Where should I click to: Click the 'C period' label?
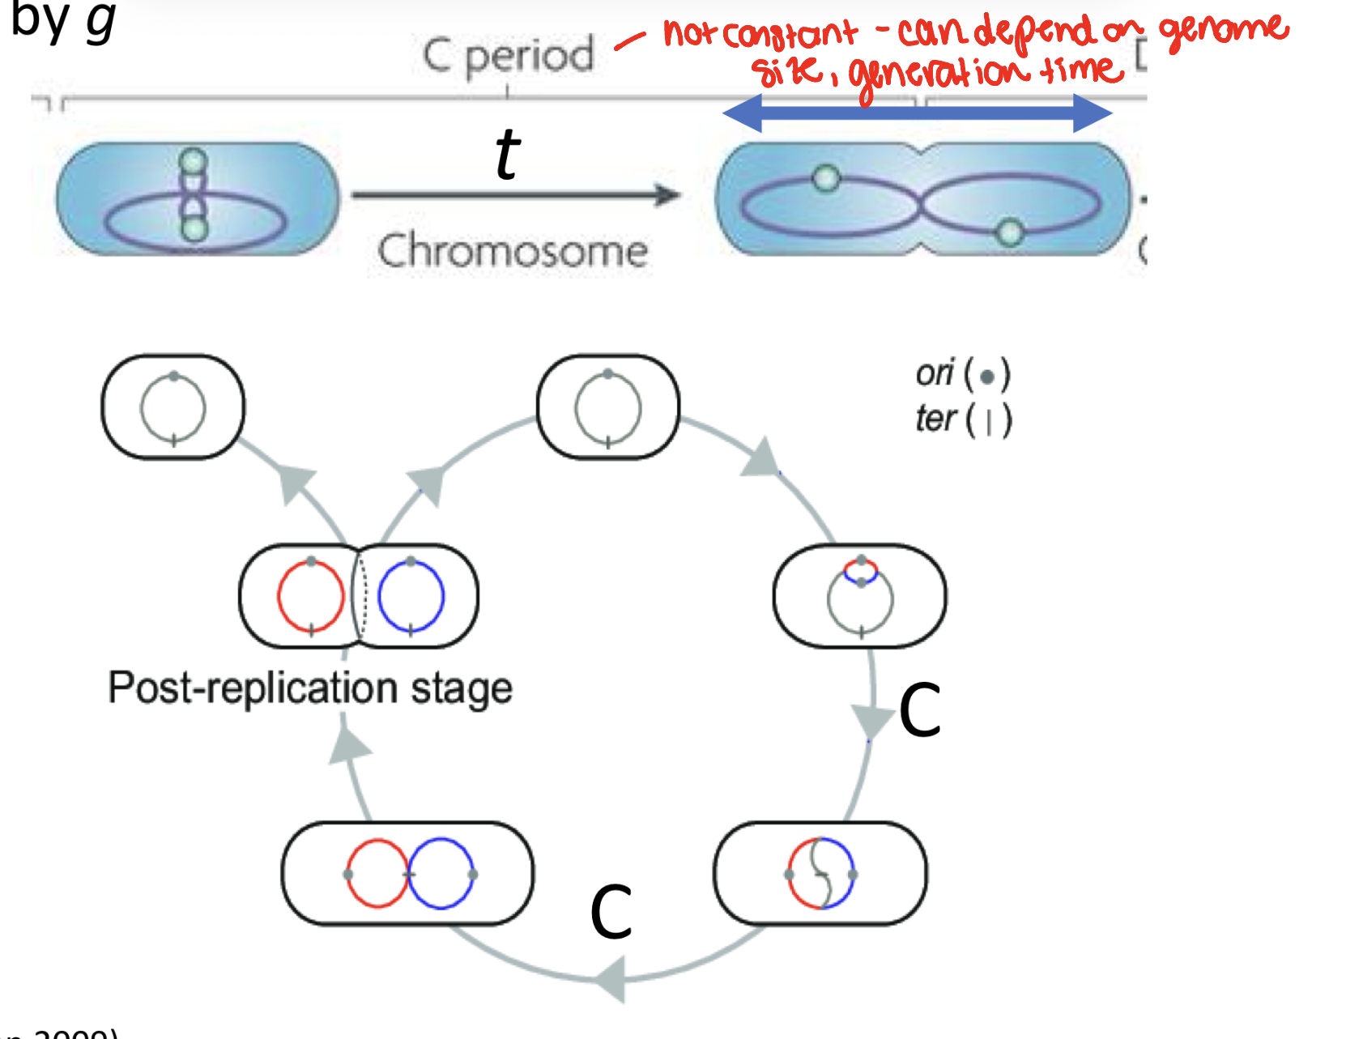509,56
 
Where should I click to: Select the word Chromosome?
513,251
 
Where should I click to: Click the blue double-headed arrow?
917,113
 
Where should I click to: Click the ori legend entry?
962,374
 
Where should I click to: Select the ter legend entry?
962,419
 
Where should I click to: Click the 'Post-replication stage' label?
310,688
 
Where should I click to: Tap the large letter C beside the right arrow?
920,710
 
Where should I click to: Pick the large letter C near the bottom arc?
611,912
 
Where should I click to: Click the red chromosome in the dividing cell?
311,597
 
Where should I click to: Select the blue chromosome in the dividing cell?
411,597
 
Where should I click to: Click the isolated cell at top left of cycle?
173,407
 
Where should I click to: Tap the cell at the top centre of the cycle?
608,407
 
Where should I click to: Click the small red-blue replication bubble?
861,571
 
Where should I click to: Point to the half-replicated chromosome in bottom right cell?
821,874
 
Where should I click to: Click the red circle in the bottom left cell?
377,874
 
